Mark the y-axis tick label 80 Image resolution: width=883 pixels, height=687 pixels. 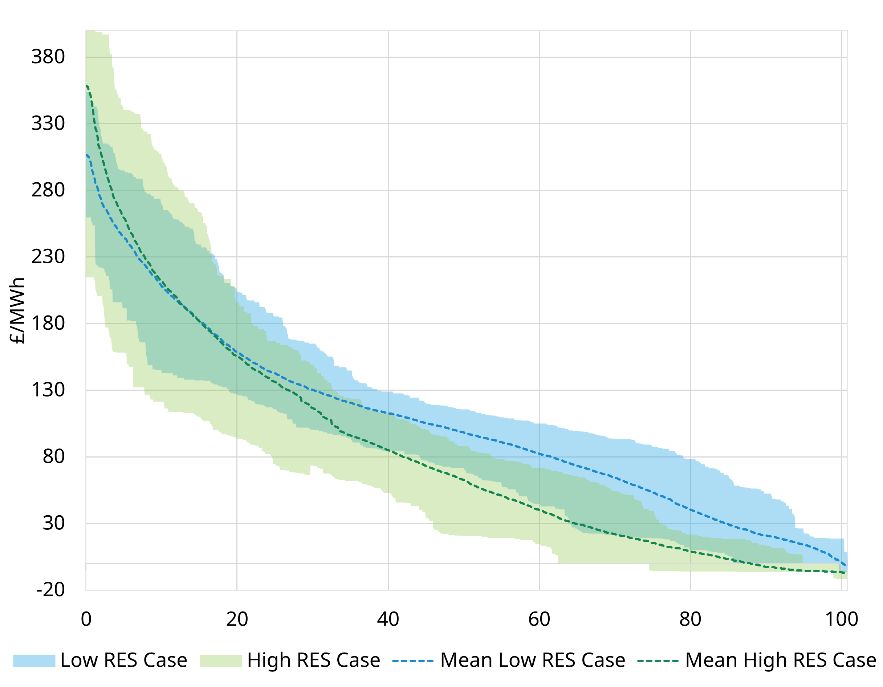point(53,456)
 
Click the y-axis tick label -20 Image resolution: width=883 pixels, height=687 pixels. point(50,590)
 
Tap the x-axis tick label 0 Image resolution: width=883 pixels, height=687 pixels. point(86,619)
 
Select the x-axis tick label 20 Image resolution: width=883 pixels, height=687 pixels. point(237,619)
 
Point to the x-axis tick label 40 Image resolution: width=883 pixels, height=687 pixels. point(388,619)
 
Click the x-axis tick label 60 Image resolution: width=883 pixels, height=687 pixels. point(539,619)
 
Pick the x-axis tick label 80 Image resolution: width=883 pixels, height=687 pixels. point(690,619)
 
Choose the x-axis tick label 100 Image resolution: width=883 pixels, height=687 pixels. point(841,619)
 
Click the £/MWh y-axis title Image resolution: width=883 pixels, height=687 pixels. point(17,310)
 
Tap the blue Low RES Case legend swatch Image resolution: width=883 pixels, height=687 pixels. point(34,661)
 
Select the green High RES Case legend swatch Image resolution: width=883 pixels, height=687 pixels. point(221,661)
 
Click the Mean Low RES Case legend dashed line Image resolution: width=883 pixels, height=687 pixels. point(412,661)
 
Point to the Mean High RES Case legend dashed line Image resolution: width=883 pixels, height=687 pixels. point(658,661)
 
